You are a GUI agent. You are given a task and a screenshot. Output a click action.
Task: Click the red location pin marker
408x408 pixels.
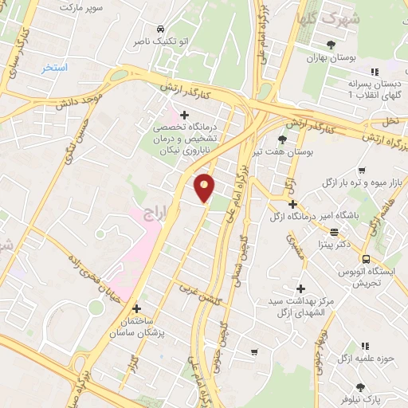[205, 188]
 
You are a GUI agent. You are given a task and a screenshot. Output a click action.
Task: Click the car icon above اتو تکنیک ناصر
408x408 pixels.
[163, 25]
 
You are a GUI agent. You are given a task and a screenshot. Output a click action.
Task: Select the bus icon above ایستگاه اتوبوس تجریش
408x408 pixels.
[366, 260]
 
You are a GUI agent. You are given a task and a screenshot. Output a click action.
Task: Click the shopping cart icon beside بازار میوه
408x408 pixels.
[362, 171]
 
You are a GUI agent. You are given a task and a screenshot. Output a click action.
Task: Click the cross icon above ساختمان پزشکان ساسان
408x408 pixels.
[136, 308]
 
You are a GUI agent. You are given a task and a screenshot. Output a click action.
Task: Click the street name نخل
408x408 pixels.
[390, 122]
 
